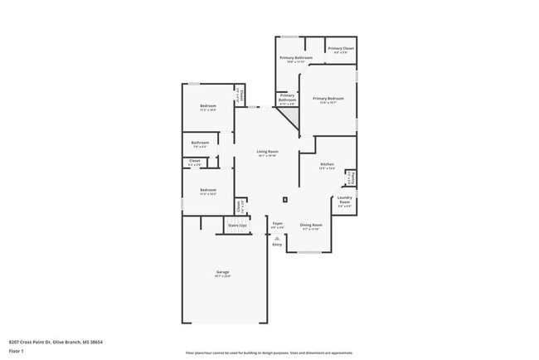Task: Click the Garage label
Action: (x=223, y=273)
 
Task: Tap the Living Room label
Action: (x=267, y=152)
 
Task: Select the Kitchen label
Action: (x=328, y=164)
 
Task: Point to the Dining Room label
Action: (x=311, y=225)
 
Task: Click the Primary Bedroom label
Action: (x=328, y=99)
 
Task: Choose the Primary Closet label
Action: (x=340, y=49)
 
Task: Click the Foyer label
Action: (x=278, y=224)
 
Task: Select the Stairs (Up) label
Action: (x=237, y=225)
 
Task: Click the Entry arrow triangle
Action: (x=277, y=238)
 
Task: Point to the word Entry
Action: (x=277, y=245)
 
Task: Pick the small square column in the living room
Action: (x=285, y=199)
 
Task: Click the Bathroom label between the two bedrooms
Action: (x=200, y=143)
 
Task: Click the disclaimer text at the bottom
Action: (x=269, y=352)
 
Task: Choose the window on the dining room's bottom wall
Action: (x=309, y=252)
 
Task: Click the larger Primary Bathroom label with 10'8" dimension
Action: (x=296, y=58)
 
